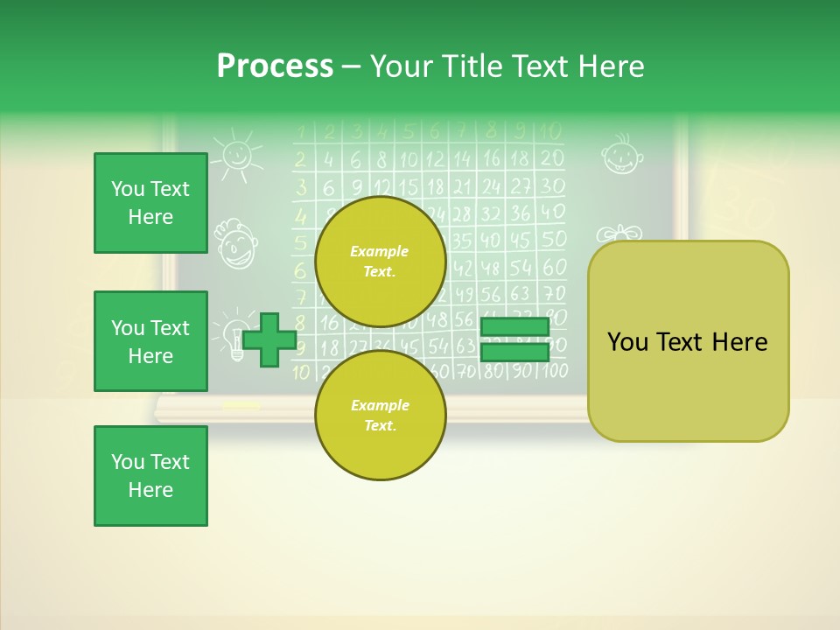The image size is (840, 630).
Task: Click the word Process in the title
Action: click(x=275, y=66)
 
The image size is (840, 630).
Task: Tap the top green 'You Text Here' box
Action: click(x=150, y=203)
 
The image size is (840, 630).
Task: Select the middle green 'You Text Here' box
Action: click(x=150, y=341)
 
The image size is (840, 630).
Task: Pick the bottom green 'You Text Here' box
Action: click(x=150, y=476)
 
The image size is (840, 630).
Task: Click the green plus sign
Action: click(x=269, y=339)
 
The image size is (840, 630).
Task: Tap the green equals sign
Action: click(x=514, y=339)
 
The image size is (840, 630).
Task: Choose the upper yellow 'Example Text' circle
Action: click(x=380, y=262)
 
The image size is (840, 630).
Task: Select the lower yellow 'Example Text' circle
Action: click(x=380, y=416)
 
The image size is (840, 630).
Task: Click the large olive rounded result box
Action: click(x=688, y=341)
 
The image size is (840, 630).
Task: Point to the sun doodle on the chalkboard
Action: click(x=237, y=155)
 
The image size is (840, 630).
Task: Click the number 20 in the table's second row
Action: click(x=551, y=159)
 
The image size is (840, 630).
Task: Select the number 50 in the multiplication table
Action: click(x=553, y=240)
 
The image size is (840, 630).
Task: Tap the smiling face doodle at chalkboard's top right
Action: click(x=622, y=155)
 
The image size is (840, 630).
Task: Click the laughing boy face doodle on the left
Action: click(x=234, y=244)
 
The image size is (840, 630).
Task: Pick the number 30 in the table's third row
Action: click(x=552, y=186)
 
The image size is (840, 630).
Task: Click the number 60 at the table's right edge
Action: click(x=554, y=267)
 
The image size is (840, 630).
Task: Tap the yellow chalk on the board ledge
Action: click(x=241, y=405)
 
